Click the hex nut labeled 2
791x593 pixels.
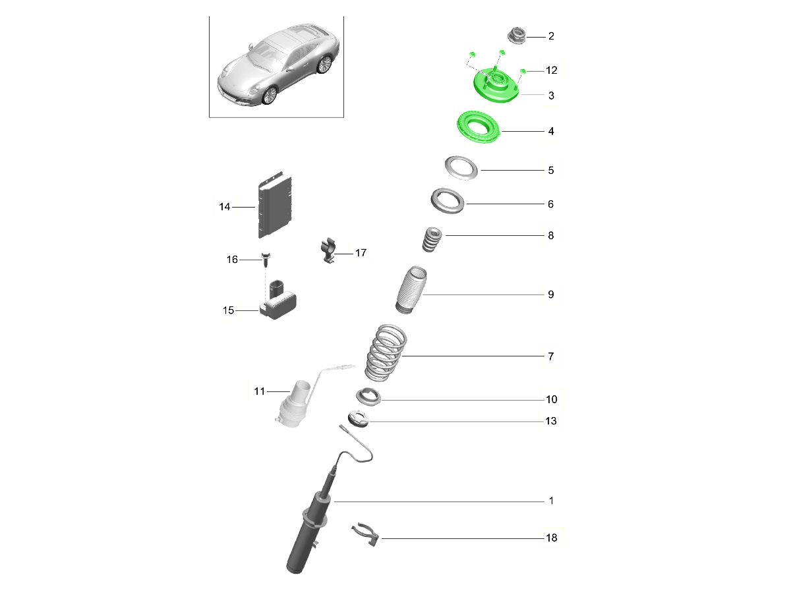[x=516, y=36]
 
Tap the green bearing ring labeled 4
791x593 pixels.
[x=478, y=127]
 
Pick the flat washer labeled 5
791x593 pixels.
[x=461, y=168]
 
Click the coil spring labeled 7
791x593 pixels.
[x=386, y=353]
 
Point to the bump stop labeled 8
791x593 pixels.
[x=432, y=239]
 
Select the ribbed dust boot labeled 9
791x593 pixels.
[x=411, y=290]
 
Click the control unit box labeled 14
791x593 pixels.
[x=275, y=205]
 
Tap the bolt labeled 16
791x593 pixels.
[x=266, y=259]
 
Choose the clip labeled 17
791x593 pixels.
[x=328, y=250]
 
